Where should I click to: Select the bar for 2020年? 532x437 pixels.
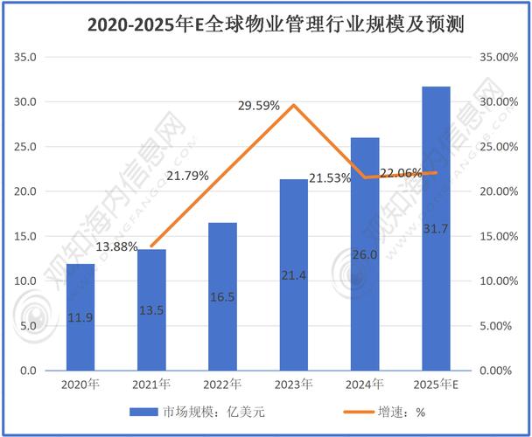[x=80, y=316]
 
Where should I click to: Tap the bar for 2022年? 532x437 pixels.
[x=222, y=296]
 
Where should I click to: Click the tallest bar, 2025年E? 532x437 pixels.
[x=436, y=228]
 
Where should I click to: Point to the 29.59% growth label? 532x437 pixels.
[x=259, y=105]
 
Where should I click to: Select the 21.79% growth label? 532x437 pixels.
[x=187, y=176]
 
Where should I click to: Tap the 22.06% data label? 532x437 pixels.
[x=401, y=173]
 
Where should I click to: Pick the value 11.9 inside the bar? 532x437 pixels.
[x=80, y=317]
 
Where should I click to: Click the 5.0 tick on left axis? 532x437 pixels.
[x=31, y=326]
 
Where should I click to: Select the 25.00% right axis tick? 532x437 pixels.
[x=500, y=147]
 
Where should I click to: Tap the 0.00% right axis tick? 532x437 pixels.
[x=504, y=371]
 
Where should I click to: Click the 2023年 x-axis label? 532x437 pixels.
[x=293, y=384]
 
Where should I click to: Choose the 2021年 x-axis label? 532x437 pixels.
[x=151, y=384]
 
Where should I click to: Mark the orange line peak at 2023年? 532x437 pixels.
[x=294, y=105]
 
